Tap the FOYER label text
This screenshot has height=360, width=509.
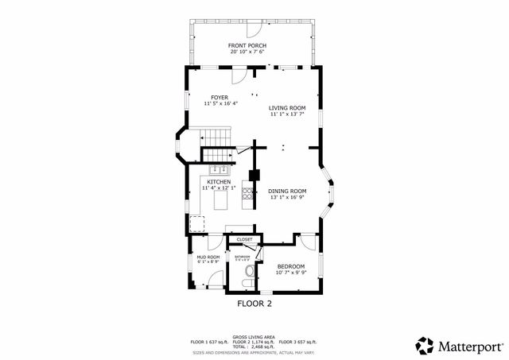click(x=220, y=97)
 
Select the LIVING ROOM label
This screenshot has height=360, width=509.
click(x=286, y=108)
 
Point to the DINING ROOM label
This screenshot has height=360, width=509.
click(x=286, y=191)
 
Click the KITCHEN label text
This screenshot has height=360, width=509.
click(x=219, y=182)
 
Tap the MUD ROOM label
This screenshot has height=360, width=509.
click(x=208, y=257)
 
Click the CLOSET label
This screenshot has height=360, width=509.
click(x=244, y=239)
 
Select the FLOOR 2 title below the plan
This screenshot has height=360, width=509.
click(x=254, y=304)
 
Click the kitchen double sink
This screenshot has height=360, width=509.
click(x=219, y=169)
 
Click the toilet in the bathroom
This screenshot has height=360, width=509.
click(x=249, y=270)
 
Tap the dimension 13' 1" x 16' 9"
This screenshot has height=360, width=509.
click(x=286, y=198)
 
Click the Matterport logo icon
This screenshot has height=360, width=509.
click(x=425, y=345)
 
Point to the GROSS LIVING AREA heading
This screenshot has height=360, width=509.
click(x=254, y=336)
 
